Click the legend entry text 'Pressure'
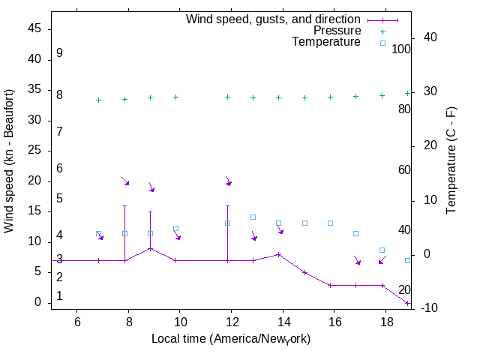pyautogui.click(x=337, y=31)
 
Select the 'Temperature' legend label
pyautogui.click(x=326, y=42)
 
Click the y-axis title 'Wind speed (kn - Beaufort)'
pyautogui.click(x=9, y=160)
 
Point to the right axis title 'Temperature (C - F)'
pyautogui.click(x=451, y=160)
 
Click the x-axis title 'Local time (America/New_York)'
pyautogui.click(x=231, y=338)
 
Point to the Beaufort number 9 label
pyautogui.click(x=59, y=53)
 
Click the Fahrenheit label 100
pyautogui.click(x=401, y=49)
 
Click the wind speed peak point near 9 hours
pyautogui.click(x=150, y=248)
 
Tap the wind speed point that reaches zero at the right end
pyautogui.click(x=407, y=303)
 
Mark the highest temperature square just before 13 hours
pyautogui.click(x=253, y=217)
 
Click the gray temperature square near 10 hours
pyautogui.click(x=176, y=228)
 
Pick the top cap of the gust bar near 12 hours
pyautogui.click(x=227, y=205)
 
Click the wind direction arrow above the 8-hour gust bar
pyautogui.click(x=125, y=181)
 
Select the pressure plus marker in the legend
pyautogui.click(x=382, y=31)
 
